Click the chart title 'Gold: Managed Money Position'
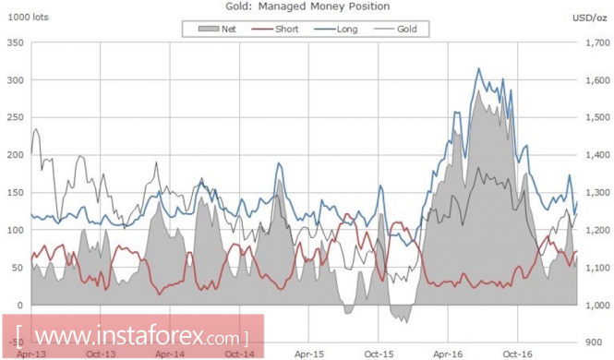tap(307, 6)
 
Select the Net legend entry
tap(217, 29)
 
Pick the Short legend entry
tap(275, 29)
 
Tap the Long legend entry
tap(335, 29)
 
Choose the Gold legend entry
tap(395, 29)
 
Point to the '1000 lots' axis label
tap(29, 18)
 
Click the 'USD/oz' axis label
tap(589, 18)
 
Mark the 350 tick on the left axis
tap(16, 42)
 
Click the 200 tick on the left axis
tap(16, 155)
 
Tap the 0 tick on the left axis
tap(20, 306)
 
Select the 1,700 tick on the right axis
tap(597, 42)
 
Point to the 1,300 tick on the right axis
tap(597, 193)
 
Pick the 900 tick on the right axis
tap(595, 342)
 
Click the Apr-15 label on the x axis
tap(309, 354)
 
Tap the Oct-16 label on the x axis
tap(518, 354)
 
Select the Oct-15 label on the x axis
tap(379, 354)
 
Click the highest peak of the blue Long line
tap(478, 69)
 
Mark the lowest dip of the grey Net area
tap(407, 322)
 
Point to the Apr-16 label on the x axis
tap(448, 354)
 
